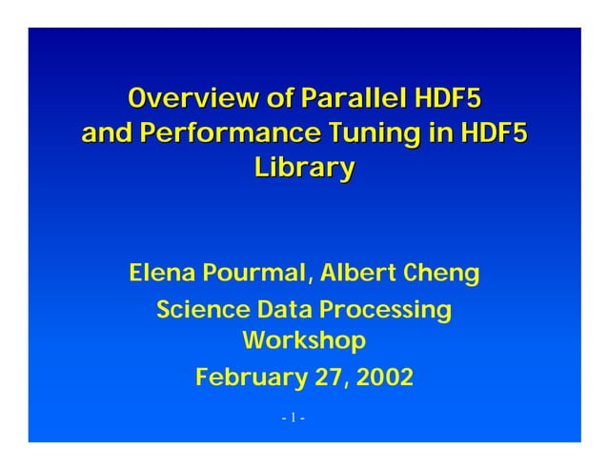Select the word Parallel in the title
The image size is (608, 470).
[x=353, y=98]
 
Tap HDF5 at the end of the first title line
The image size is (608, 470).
[x=448, y=98]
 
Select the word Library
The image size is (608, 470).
[x=304, y=169]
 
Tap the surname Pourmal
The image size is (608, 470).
[x=252, y=275]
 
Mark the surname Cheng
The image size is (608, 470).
[x=442, y=275]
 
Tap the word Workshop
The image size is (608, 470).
[x=304, y=341]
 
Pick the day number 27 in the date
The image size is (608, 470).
[x=327, y=378]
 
